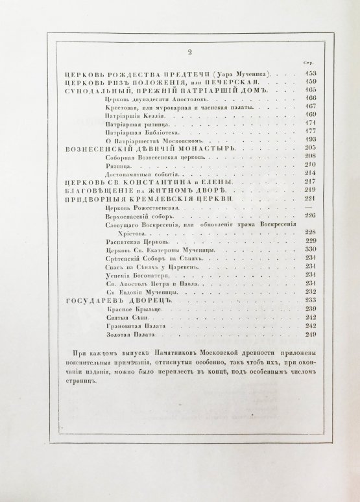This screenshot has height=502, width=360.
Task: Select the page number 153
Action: [309, 74]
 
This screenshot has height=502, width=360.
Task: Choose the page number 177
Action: [309, 130]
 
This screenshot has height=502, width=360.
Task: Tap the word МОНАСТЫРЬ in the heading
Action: [202, 148]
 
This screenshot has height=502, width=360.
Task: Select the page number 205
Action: [309, 147]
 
